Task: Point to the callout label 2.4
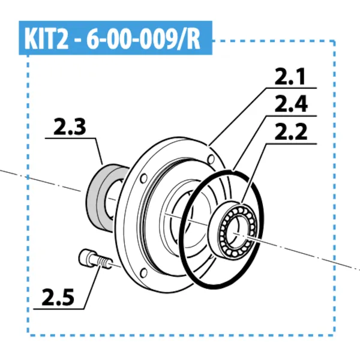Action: [290, 105]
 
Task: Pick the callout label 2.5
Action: [59, 296]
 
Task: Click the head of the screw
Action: [88, 259]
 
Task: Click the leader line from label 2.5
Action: [90, 288]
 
